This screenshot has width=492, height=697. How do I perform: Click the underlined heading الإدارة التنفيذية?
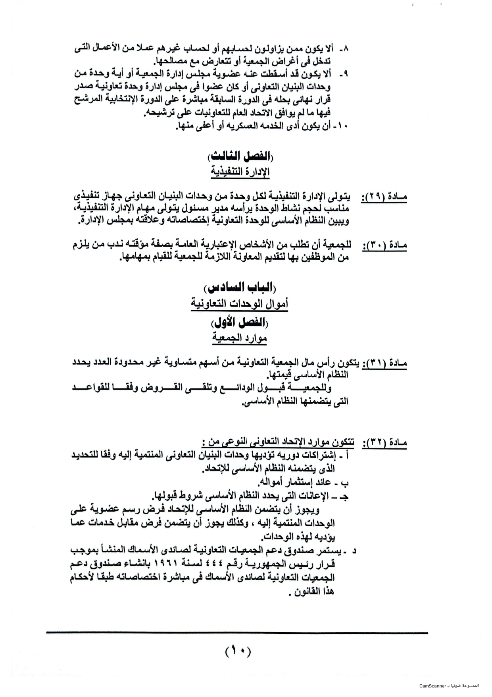(240, 172)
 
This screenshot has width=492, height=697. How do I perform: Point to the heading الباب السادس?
(240, 288)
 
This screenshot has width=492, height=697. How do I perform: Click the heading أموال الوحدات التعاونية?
(239, 304)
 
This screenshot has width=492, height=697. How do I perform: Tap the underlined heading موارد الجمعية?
(239, 338)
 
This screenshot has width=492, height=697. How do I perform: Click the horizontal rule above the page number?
(237, 633)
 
